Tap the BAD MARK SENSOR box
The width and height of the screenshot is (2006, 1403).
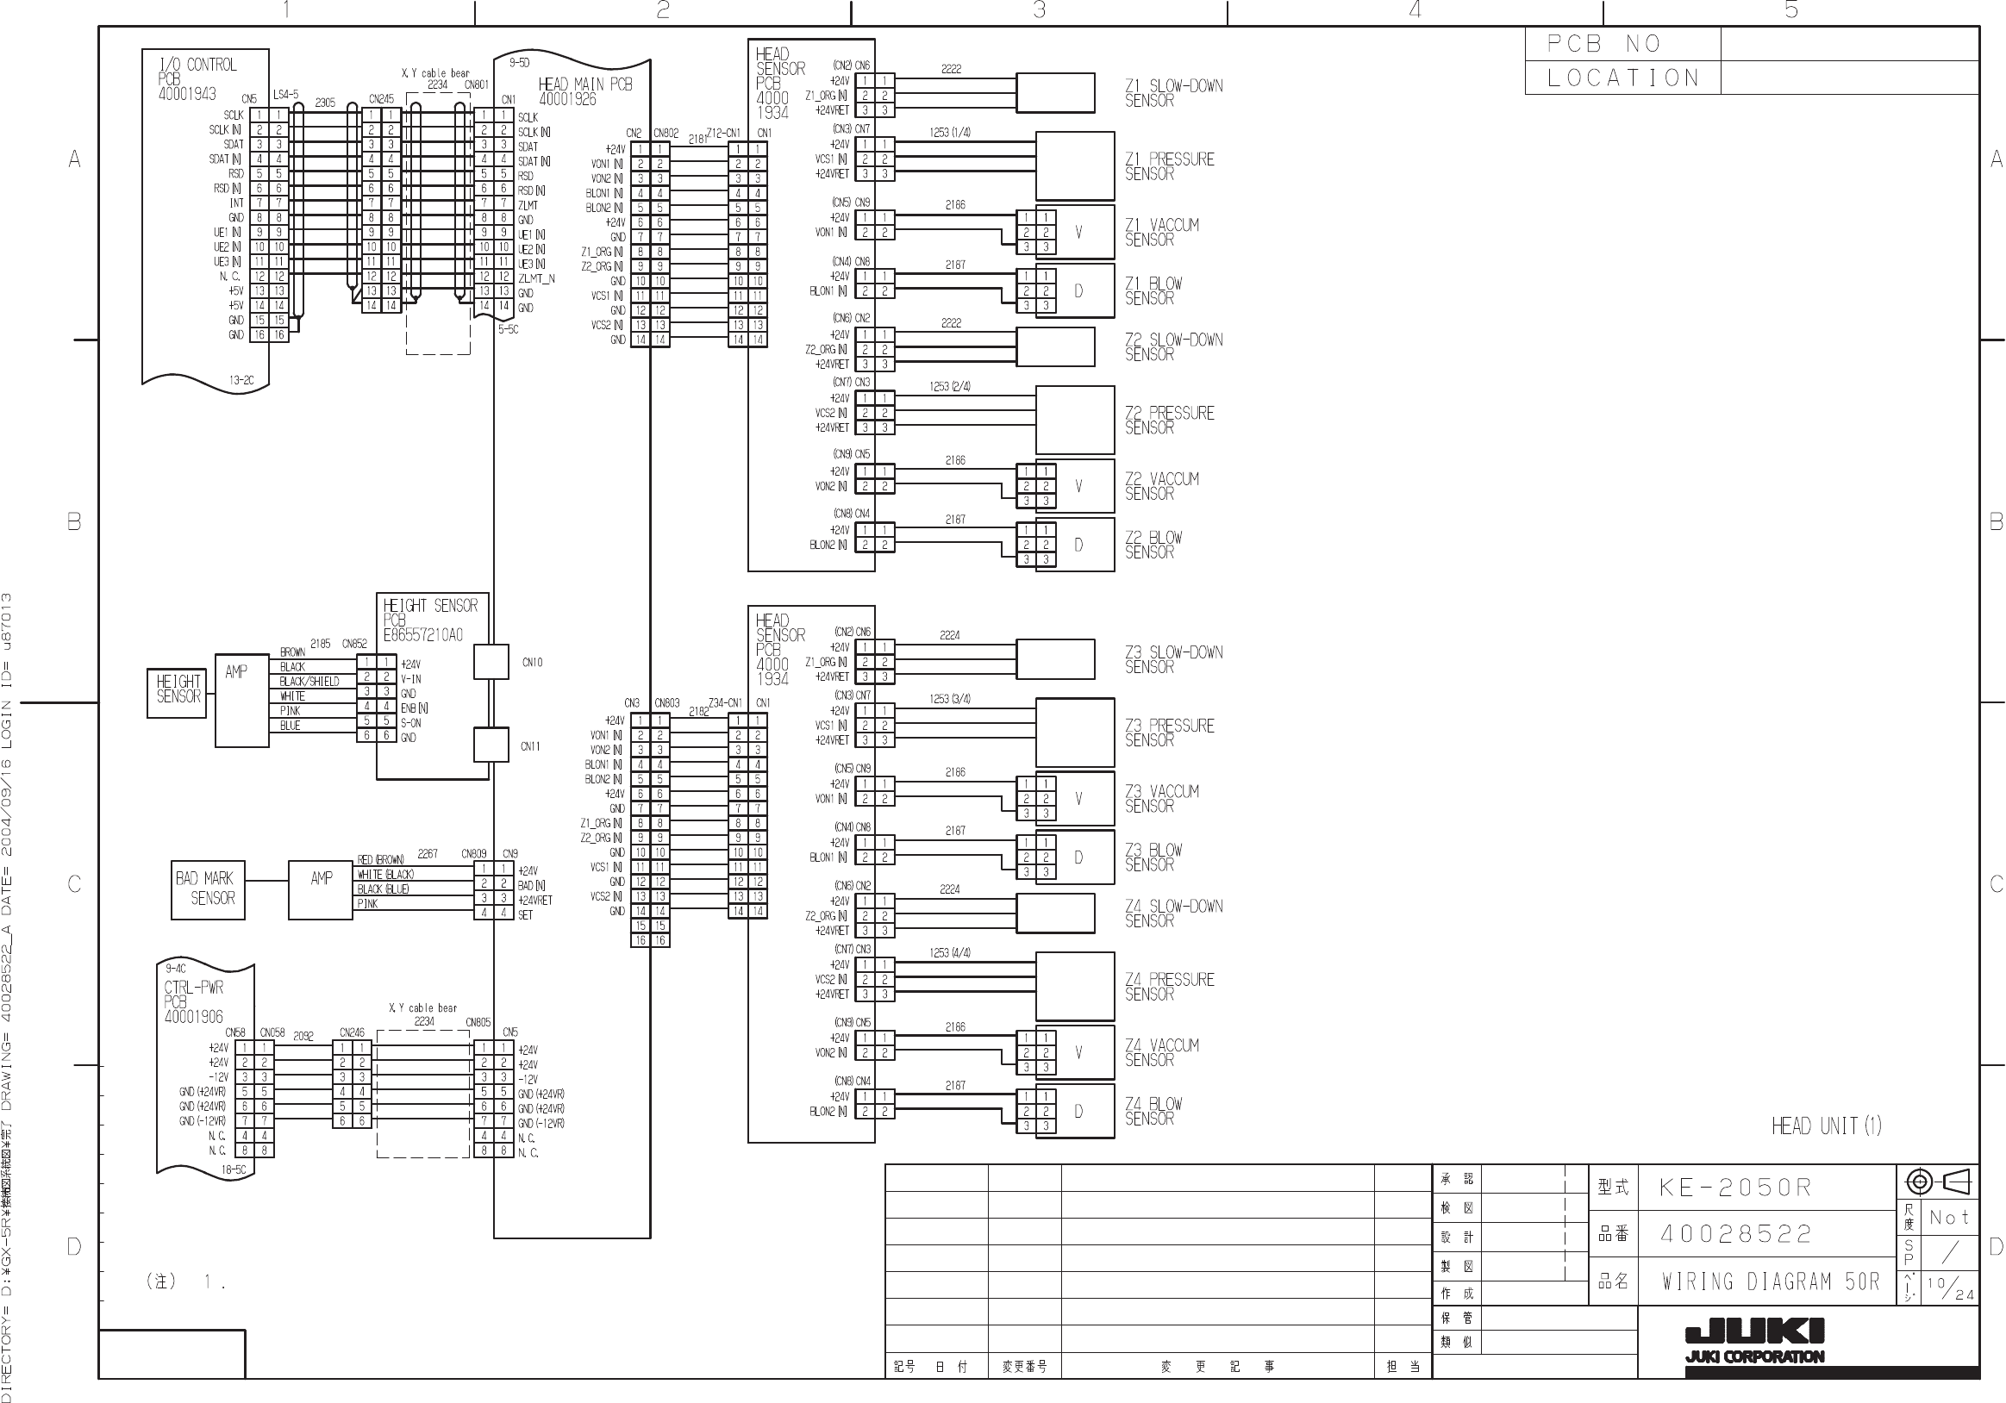click(207, 889)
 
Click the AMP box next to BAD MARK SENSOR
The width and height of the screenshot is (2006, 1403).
click(321, 889)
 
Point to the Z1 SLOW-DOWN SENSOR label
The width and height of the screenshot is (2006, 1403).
click(1172, 93)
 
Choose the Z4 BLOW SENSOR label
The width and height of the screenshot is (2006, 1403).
click(1153, 1111)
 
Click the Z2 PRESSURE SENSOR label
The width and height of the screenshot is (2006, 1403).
click(1169, 421)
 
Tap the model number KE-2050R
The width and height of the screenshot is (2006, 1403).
click(1735, 1188)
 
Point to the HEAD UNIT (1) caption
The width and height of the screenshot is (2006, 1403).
click(1825, 1126)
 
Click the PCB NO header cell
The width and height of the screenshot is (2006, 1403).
click(1622, 44)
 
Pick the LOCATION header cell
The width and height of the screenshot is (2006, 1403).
click(1622, 78)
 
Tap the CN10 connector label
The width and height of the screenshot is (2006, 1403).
click(532, 663)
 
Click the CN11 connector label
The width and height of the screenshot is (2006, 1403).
click(530, 747)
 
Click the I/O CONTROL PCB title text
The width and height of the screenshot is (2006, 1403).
click(197, 78)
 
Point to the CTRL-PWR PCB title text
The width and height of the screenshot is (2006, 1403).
click(194, 1002)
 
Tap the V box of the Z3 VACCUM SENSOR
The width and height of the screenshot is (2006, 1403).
click(1078, 799)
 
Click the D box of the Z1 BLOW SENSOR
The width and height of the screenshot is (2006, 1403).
click(1078, 291)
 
